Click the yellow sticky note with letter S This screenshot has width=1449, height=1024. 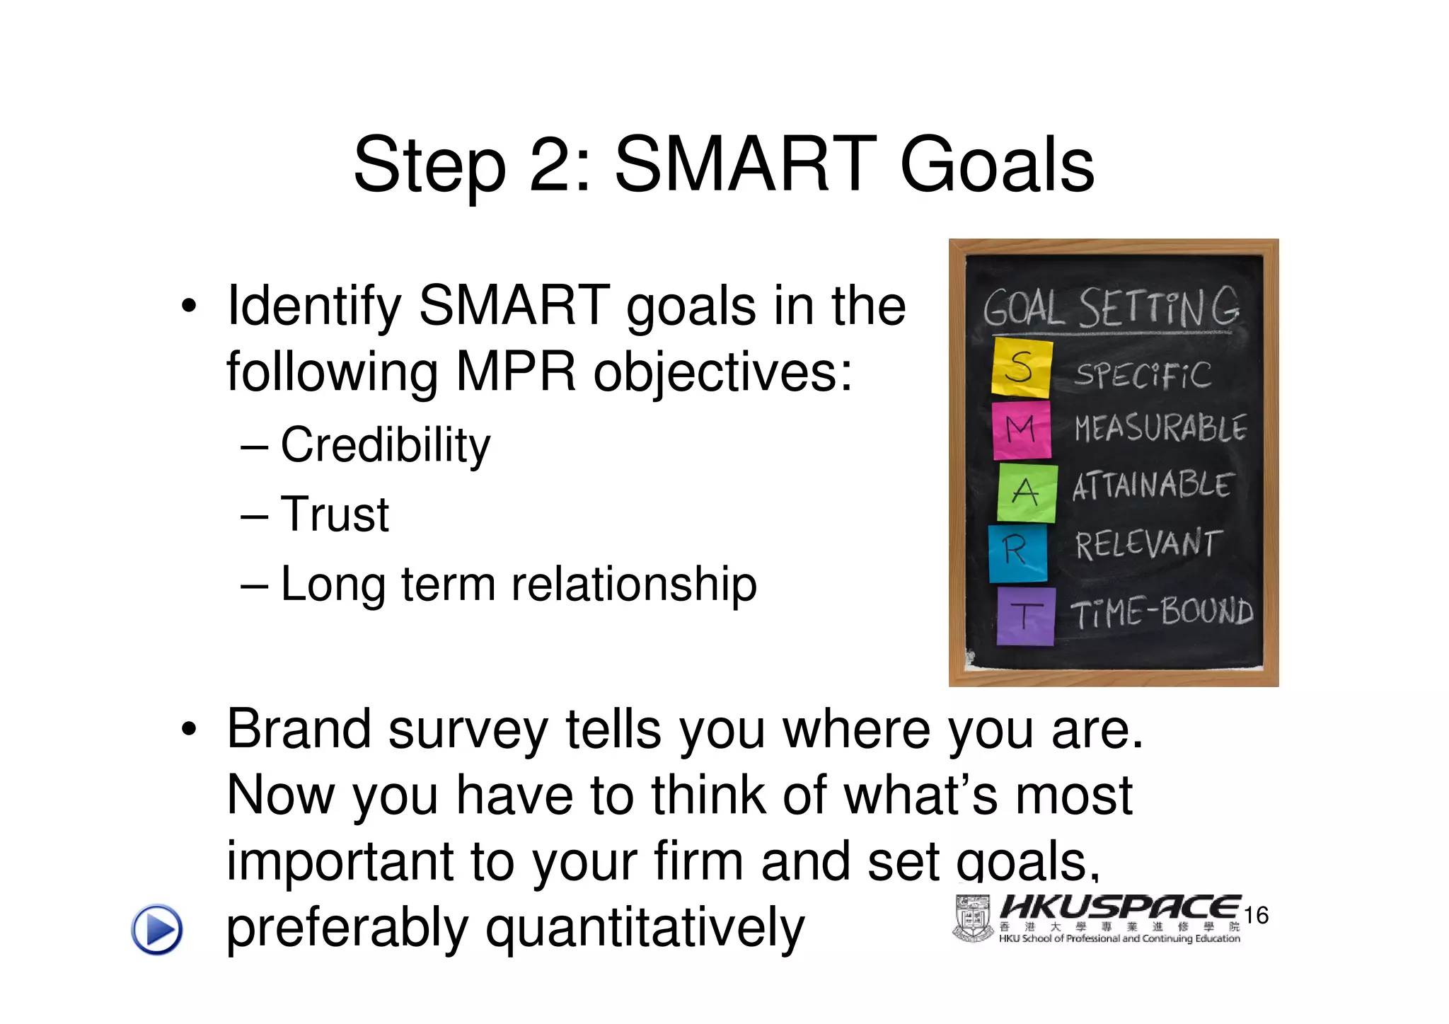tap(1021, 367)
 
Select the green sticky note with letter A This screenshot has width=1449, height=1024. tap(1027, 493)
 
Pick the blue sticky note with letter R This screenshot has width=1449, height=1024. tap(1017, 552)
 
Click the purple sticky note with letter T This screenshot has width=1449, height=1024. tap(1025, 616)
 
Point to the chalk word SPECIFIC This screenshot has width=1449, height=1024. tap(1143, 374)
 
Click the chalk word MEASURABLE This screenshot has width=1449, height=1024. tap(1160, 428)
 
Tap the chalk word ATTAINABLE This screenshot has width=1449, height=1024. tap(1153, 485)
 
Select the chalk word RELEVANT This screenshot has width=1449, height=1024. tap(1148, 543)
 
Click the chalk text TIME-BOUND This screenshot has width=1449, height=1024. tap(1161, 611)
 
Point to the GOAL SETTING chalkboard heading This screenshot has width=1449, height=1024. tap(1111, 308)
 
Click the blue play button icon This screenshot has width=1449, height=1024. tap(157, 929)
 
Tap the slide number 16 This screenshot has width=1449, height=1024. tap(1256, 915)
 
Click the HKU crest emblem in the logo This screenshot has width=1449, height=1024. tap(973, 919)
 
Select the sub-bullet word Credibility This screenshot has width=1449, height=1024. tap(385, 446)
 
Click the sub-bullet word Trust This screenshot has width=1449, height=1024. tap(335, 514)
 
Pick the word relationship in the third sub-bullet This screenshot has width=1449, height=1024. tap(634, 585)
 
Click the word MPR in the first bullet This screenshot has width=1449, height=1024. tap(516, 372)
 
